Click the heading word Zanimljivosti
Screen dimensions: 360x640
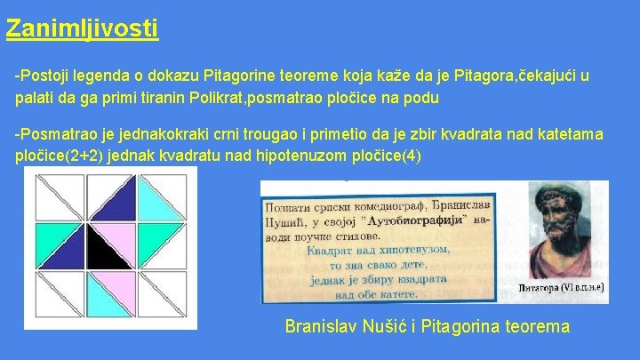82,28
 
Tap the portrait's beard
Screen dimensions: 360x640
559,258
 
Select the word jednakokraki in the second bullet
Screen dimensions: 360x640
145,134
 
